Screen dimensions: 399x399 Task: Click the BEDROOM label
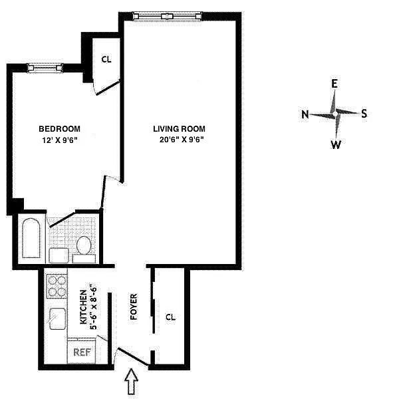(60, 129)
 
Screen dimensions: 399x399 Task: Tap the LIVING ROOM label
(179, 129)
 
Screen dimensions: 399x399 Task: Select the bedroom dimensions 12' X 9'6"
(60, 140)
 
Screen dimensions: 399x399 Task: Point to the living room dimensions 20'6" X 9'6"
(182, 140)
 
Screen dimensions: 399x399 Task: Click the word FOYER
(134, 307)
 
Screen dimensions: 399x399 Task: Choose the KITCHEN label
(84, 307)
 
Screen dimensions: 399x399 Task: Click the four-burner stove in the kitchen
(57, 286)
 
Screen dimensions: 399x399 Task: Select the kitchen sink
(57, 319)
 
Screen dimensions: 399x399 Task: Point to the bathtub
(31, 238)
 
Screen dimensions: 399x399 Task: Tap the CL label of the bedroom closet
(106, 60)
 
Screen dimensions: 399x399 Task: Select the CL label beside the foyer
(170, 317)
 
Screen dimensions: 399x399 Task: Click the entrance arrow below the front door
(131, 381)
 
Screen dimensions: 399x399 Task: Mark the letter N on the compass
(305, 114)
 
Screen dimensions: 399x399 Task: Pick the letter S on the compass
(364, 113)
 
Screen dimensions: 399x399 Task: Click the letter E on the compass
(334, 84)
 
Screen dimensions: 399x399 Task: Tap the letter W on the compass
(336, 144)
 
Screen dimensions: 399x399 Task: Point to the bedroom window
(45, 68)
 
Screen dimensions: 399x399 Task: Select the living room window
(168, 17)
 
